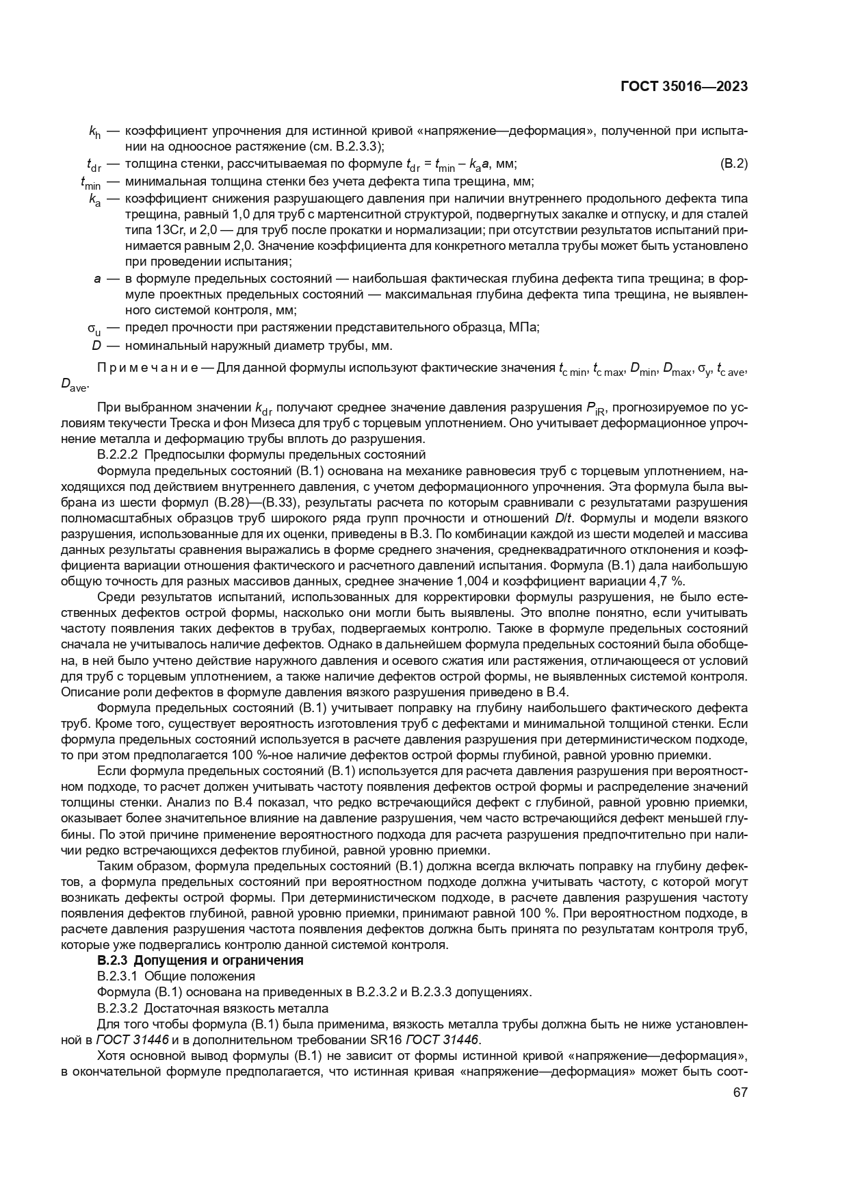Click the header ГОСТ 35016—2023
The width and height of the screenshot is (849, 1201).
click(683, 86)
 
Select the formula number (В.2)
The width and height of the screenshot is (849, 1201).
click(734, 164)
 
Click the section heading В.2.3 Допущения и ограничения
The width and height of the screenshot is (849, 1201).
click(200, 960)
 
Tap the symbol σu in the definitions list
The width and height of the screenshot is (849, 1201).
click(94, 328)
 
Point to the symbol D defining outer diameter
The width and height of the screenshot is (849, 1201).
click(96, 345)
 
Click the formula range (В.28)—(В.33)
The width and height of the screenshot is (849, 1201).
click(255, 503)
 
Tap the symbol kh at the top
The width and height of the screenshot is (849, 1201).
click(94, 131)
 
